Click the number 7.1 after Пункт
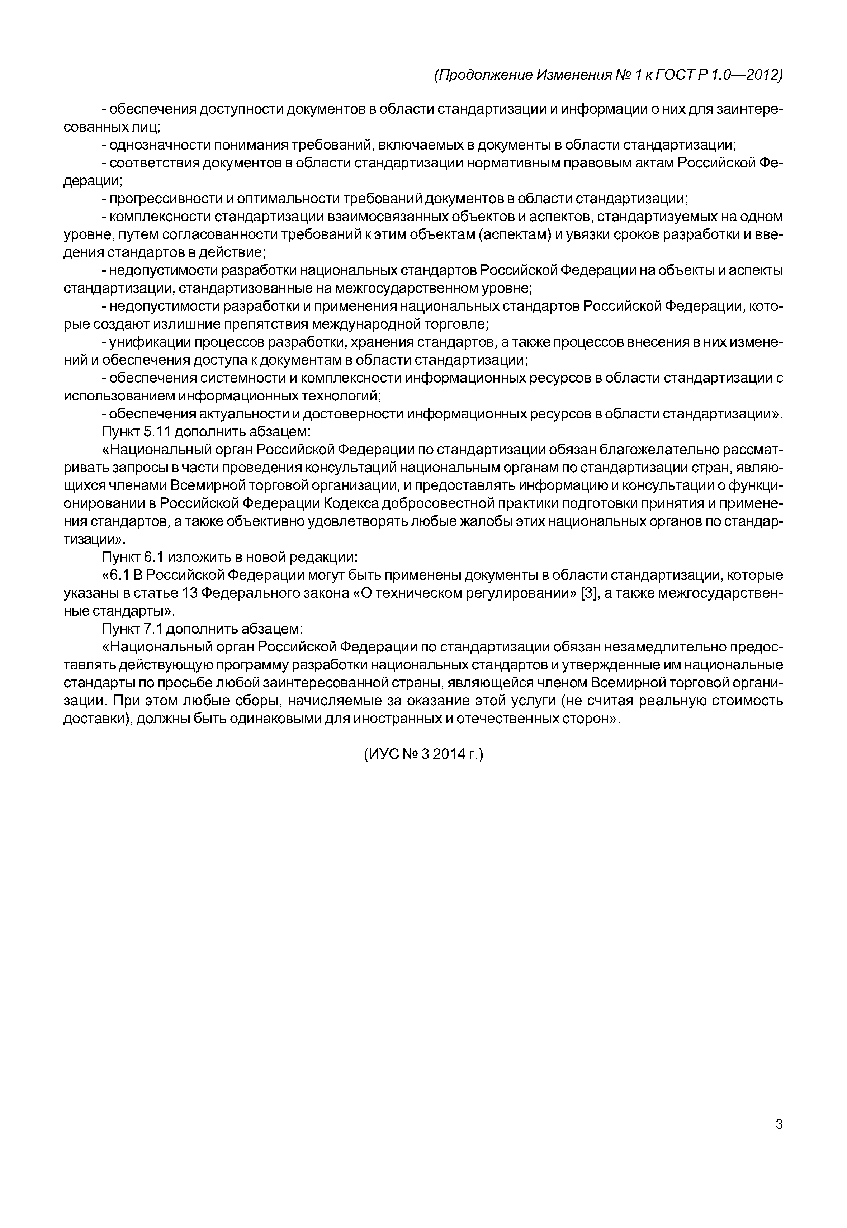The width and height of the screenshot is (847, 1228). coord(155,629)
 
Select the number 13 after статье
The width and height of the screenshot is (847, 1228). coord(192,593)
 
